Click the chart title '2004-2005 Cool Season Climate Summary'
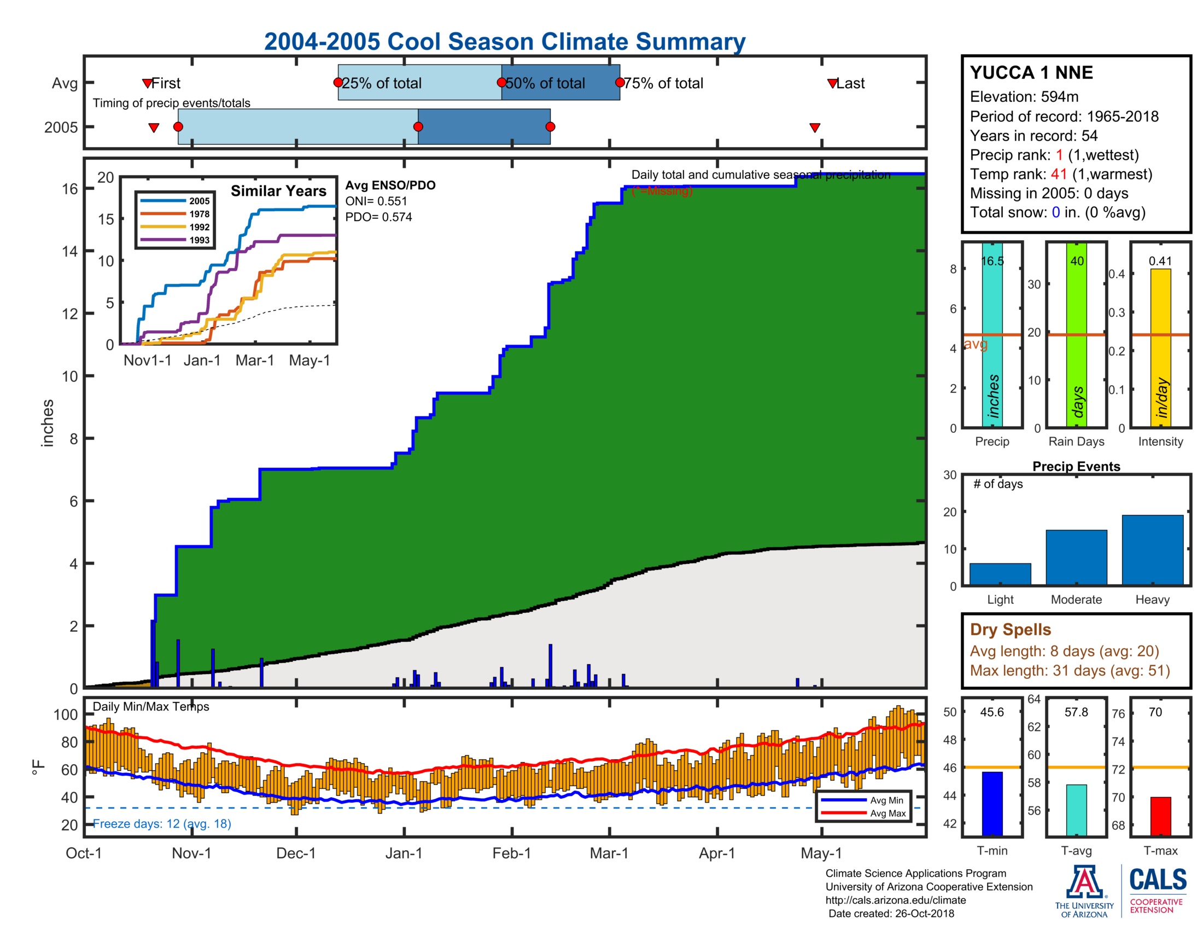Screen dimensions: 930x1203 [504, 42]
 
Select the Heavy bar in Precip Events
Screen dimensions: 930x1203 [1152, 549]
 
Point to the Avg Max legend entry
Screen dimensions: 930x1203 [887, 813]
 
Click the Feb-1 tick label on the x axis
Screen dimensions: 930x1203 [511, 853]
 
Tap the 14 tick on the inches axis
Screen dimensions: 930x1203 [70, 252]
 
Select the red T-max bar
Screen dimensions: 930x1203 [1160, 816]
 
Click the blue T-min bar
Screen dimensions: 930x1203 [991, 803]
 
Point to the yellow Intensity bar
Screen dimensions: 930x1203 [1160, 347]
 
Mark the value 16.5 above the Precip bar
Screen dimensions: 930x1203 [992, 261]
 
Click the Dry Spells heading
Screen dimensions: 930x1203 [1010, 629]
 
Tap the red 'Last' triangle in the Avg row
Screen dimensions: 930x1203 [832, 84]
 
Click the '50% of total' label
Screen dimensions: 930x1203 [545, 83]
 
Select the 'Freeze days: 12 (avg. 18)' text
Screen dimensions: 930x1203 [161, 823]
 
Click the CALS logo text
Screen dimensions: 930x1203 [1157, 879]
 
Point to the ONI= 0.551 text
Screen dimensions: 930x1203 [376, 201]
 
